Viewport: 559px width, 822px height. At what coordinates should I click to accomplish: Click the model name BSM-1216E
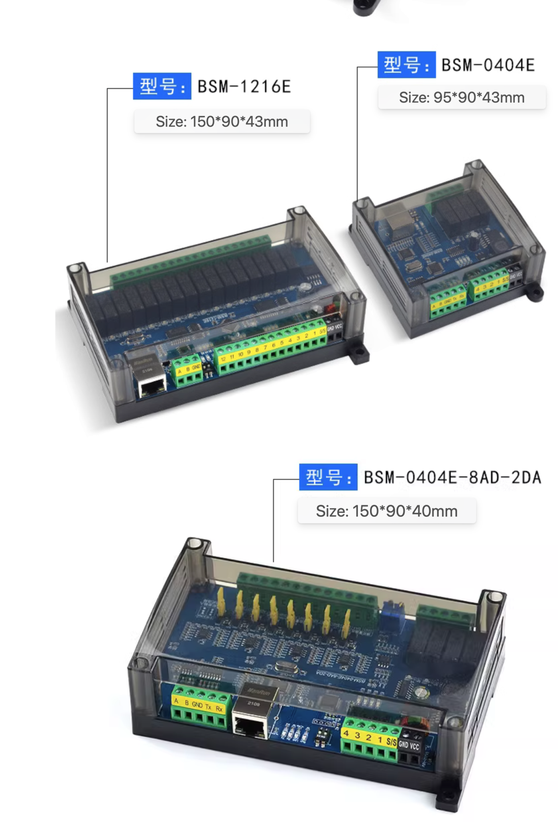coord(244,87)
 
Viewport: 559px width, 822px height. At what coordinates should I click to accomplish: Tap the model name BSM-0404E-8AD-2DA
coord(452,477)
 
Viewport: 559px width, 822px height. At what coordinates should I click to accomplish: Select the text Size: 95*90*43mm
coord(461,98)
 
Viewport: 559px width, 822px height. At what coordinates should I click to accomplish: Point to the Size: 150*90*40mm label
coord(386,511)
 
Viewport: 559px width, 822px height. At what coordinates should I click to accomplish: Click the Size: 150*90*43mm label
coord(222,122)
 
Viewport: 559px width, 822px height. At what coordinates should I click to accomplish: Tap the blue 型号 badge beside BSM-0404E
coord(406,65)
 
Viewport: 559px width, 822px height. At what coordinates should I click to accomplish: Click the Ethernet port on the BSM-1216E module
coord(152,387)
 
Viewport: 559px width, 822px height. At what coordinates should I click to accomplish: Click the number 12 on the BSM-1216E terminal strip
coord(223,359)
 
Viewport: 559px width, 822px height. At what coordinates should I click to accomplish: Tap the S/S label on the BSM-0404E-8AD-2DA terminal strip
coord(391,742)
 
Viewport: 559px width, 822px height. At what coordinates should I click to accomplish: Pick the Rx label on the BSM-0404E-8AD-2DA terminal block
coord(219,709)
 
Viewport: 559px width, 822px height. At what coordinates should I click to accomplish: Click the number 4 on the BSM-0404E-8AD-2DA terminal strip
coord(346,734)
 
